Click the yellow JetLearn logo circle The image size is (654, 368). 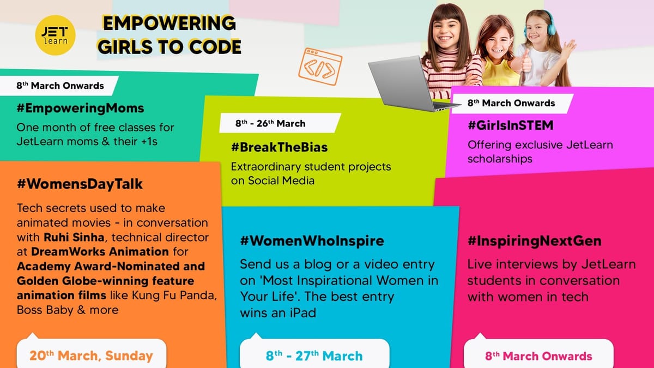55,35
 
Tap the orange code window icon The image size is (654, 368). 320,67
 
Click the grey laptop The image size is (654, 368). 408,83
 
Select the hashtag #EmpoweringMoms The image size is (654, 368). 80,108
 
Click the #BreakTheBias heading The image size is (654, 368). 280,147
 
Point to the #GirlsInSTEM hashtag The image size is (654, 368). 510,125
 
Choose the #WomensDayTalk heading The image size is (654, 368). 80,184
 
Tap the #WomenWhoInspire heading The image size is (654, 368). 312,241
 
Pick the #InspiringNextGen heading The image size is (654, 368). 534,241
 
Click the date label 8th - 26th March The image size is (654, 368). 270,124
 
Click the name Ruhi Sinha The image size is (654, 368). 74,237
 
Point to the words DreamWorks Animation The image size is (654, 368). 100,252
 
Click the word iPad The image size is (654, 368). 303,313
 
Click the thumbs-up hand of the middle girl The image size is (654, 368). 526,61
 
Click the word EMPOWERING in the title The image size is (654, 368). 169,23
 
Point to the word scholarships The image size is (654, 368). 500,159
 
